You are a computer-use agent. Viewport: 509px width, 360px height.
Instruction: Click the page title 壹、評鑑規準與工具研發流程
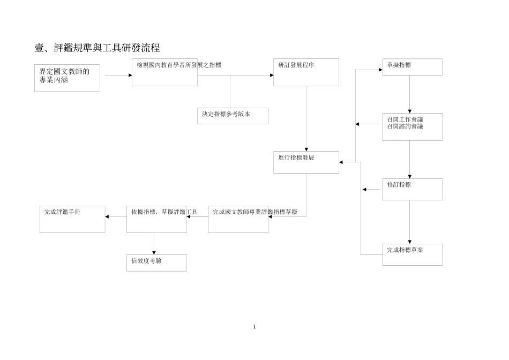pos(97,48)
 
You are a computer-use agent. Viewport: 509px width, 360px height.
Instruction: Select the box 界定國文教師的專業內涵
pos(67,78)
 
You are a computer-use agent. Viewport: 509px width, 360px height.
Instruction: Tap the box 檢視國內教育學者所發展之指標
pos(164,72)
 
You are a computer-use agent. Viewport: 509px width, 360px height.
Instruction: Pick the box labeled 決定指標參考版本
pos(233,116)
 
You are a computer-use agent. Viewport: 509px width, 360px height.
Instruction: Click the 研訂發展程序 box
pos(306,72)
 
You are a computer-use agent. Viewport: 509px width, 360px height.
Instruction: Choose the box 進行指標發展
pos(306,162)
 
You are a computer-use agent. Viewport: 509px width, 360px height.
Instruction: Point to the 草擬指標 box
pos(412,67)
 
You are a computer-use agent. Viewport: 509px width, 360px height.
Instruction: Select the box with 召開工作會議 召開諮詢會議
pos(412,127)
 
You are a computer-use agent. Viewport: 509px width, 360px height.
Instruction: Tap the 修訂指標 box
pos(412,189)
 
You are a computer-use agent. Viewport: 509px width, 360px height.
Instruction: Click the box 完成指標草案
pos(412,254)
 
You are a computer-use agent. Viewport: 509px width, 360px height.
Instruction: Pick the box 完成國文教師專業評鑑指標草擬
pos(238,219)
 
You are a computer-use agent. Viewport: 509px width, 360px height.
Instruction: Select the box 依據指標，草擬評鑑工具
pos(156,219)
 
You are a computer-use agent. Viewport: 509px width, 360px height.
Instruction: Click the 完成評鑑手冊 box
pos(72,219)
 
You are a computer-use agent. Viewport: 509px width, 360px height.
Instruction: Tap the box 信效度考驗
pos(156,262)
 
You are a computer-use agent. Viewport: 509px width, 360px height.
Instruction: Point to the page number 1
pos(254,327)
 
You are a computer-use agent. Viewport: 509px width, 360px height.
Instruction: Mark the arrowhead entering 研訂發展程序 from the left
pos(271,75)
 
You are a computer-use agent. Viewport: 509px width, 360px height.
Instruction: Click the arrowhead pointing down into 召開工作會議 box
pos(410,111)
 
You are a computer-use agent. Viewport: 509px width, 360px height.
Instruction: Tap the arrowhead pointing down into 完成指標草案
pos(410,242)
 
